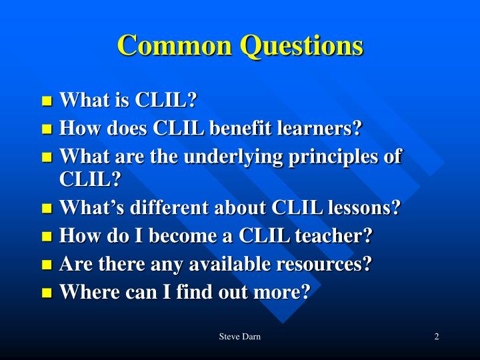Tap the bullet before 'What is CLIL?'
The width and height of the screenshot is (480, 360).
pyautogui.click(x=47, y=102)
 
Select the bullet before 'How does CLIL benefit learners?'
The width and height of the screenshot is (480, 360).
pyautogui.click(x=47, y=129)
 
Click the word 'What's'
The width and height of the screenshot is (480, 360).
pyautogui.click(x=82, y=209)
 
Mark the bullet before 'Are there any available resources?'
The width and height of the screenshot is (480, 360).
pyautogui.click(x=47, y=265)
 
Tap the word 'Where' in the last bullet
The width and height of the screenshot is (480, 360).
pyautogui.click(x=81, y=292)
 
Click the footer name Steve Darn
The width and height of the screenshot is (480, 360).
pyautogui.click(x=239, y=337)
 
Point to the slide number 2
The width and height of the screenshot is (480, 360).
pyautogui.click(x=436, y=337)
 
